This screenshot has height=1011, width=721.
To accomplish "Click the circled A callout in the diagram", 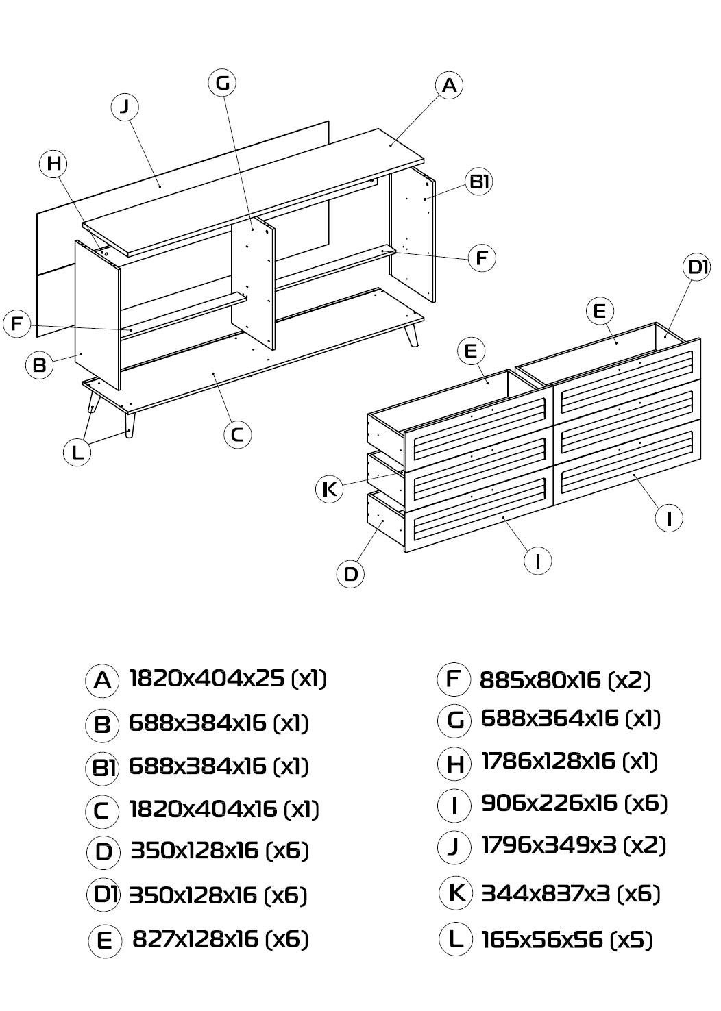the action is click(x=449, y=85).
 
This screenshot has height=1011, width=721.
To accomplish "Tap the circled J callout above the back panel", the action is click(x=125, y=107).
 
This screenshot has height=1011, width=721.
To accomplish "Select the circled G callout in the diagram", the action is click(x=222, y=83).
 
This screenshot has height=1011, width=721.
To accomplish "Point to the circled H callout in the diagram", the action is click(x=53, y=164).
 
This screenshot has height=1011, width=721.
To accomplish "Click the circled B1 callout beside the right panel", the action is click(x=479, y=182).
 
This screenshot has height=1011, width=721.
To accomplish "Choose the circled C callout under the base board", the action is click(x=237, y=434).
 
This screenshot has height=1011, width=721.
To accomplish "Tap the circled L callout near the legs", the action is click(x=77, y=452).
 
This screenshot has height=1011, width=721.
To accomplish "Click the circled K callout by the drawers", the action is click(x=330, y=489).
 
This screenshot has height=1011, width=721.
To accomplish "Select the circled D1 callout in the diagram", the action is click(x=696, y=267).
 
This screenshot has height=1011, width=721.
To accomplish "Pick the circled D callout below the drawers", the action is click(x=351, y=574).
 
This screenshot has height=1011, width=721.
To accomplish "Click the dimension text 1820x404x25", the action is click(x=207, y=678).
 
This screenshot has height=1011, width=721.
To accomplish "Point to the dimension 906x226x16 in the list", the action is click(x=549, y=803).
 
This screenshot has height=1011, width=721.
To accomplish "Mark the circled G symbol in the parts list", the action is click(x=454, y=721).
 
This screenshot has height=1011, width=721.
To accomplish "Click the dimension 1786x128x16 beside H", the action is click(x=548, y=761).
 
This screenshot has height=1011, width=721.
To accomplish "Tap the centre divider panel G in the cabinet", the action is click(x=253, y=284).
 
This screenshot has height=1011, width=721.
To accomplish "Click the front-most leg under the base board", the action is click(x=130, y=425).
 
